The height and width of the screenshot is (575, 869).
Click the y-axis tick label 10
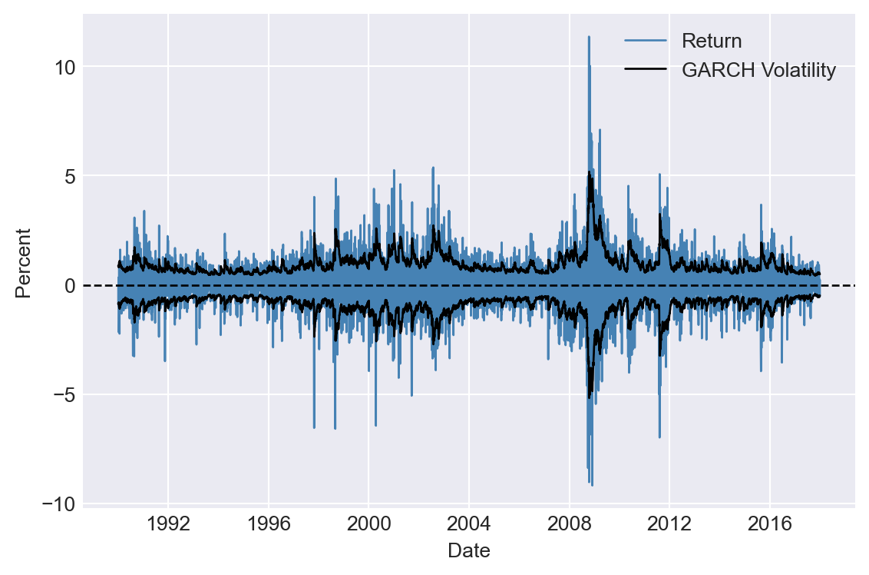point(64,67)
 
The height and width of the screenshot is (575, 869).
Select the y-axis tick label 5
point(70,176)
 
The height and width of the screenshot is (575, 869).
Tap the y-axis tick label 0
point(70,286)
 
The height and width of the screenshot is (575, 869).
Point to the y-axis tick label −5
point(64,395)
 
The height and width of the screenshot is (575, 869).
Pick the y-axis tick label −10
point(60,504)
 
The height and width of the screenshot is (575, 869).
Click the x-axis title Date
point(468,550)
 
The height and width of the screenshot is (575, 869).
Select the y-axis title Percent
point(24,263)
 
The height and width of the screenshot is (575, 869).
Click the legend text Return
point(712,42)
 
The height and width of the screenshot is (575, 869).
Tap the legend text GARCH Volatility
point(758,71)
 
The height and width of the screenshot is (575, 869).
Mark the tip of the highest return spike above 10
point(589,36)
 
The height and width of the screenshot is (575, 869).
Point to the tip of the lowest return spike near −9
point(592,486)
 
